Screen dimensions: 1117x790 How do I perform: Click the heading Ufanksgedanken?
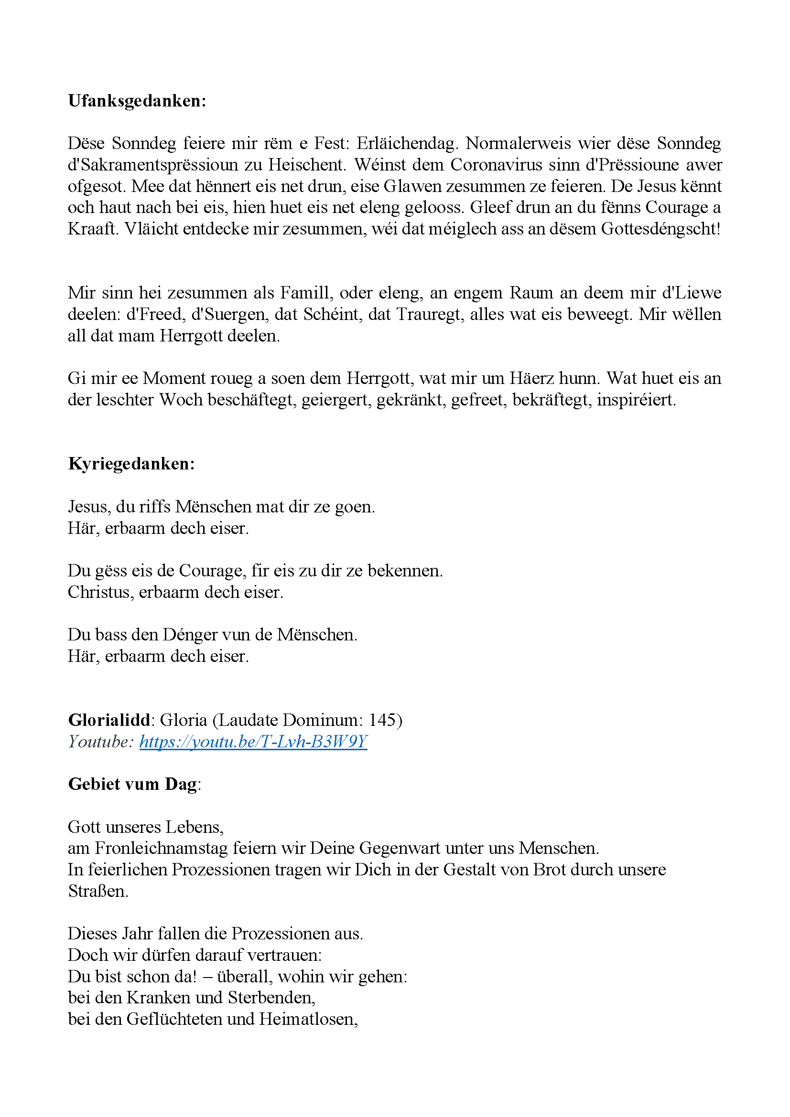coord(137,101)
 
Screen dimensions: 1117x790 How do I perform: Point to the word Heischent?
coord(307,164)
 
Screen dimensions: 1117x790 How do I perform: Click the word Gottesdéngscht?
coord(660,229)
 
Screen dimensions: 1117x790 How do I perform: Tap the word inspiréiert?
coord(636,399)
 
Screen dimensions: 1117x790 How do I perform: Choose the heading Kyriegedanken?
coord(131,464)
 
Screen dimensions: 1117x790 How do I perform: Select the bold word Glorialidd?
coord(108,720)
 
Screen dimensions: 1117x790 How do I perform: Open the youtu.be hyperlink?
coord(253,742)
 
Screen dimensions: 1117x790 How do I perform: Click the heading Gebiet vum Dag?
coord(133,784)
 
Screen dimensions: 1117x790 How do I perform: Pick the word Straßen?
coord(97,891)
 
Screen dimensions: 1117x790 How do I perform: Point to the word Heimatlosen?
coord(308,1019)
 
